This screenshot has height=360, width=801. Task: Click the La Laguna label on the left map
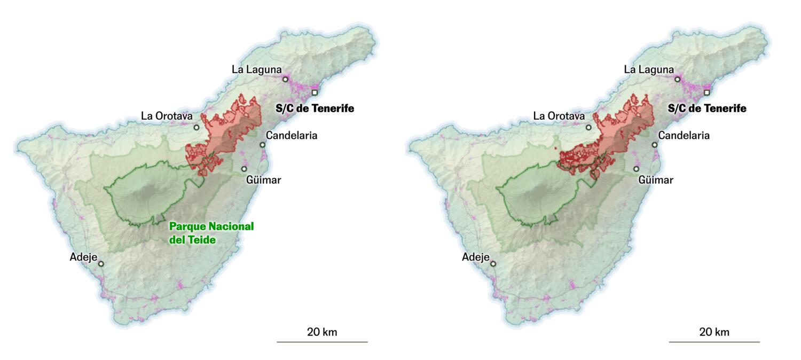[x=256, y=69]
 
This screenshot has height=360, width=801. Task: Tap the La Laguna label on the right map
[x=649, y=69]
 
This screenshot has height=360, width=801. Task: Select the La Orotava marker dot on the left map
[x=197, y=127]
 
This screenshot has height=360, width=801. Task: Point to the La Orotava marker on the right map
[x=589, y=127]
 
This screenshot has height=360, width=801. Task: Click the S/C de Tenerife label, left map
[x=315, y=108]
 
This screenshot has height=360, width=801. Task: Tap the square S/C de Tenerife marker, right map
[x=707, y=92]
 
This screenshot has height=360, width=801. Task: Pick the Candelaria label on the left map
[x=292, y=135]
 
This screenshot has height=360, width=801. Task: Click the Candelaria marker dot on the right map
[x=655, y=145]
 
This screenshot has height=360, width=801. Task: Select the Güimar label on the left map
[x=263, y=179]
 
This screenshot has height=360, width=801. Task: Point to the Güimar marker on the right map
[x=637, y=169]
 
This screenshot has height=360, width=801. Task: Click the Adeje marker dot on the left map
[x=101, y=263]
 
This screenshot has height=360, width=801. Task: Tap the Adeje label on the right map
[x=476, y=257]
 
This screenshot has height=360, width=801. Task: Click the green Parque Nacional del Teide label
[x=211, y=233]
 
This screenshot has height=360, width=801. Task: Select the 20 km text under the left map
[x=322, y=332]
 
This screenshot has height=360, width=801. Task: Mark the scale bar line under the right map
[x=714, y=342]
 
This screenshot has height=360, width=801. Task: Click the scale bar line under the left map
[x=322, y=342]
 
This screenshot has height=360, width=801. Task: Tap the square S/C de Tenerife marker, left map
[x=315, y=92]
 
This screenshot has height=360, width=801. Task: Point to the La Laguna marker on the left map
[x=285, y=80]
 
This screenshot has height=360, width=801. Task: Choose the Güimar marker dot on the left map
[x=244, y=169]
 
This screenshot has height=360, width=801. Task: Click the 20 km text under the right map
[x=714, y=332]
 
